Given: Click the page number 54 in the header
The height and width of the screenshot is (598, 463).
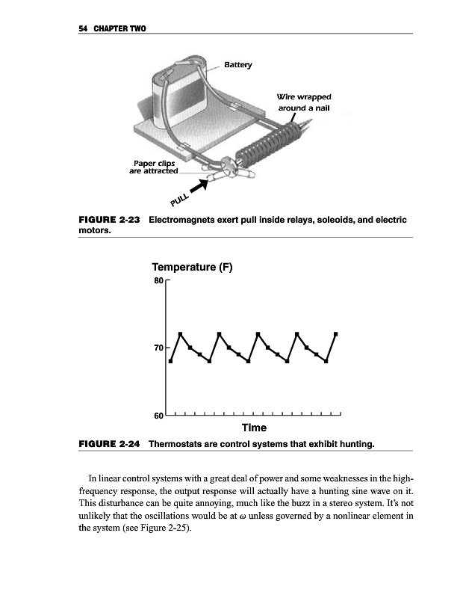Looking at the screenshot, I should pyautogui.click(x=83, y=28).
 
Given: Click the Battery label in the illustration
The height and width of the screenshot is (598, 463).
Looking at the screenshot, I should pyautogui.click(x=239, y=64).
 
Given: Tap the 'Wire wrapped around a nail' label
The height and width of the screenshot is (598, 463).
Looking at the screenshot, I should pyautogui.click(x=303, y=102).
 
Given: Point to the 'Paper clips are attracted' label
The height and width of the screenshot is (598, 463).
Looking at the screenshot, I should pyautogui.click(x=154, y=166).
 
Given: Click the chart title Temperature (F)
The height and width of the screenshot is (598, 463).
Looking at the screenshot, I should pyautogui.click(x=193, y=267).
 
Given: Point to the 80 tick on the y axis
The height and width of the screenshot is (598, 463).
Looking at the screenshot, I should pyautogui.click(x=158, y=281).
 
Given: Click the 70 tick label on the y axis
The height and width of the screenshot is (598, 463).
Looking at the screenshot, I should pyautogui.click(x=158, y=348).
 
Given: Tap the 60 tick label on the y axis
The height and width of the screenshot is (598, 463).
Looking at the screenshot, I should pyautogui.click(x=158, y=416).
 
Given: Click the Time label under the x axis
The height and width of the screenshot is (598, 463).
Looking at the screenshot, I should pyautogui.click(x=254, y=428).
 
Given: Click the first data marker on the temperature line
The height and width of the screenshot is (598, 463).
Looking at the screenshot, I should pyautogui.click(x=171, y=361).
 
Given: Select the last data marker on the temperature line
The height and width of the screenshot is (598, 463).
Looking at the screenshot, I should pyautogui.click(x=336, y=333).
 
